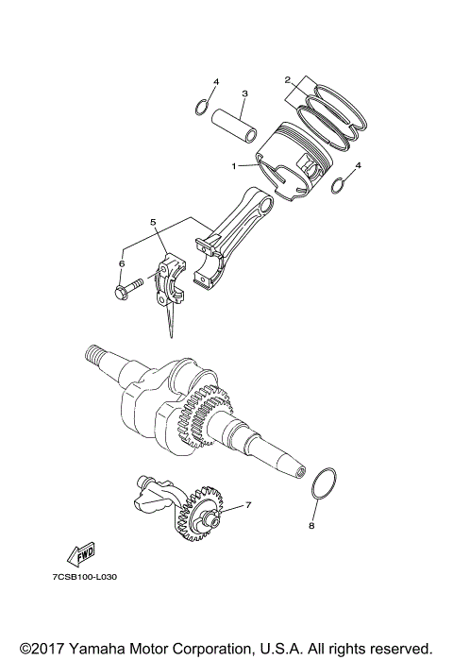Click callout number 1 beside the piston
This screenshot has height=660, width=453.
(234, 166)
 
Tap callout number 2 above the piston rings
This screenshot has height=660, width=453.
(287, 80)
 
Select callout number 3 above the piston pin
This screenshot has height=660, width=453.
(244, 93)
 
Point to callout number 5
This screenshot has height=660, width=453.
(151, 222)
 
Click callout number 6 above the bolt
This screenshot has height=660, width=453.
(121, 263)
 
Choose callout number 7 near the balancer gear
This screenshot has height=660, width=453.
(248, 505)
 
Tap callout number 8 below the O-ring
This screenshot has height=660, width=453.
(311, 527)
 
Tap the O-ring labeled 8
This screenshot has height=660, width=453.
(322, 483)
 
